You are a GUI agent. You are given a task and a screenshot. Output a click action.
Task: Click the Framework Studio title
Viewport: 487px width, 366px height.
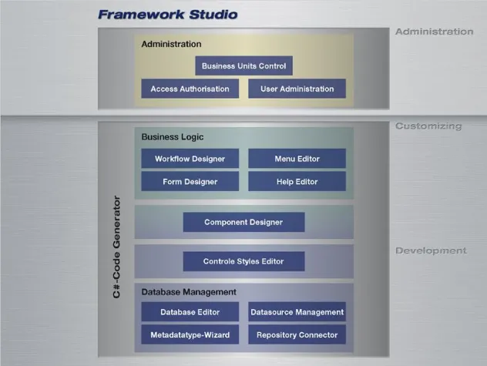point(167,14)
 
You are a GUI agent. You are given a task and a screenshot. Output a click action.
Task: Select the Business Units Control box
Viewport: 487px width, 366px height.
point(243,66)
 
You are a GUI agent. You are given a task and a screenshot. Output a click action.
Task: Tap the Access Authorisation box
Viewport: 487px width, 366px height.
point(190,89)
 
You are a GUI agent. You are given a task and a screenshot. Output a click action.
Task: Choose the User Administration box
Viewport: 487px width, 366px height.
point(297,89)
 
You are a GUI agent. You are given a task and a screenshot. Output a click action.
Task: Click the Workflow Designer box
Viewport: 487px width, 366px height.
point(190,159)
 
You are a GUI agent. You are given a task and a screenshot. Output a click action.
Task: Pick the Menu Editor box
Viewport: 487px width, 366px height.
point(297,159)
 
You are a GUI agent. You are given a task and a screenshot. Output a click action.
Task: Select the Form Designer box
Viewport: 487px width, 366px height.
point(190,182)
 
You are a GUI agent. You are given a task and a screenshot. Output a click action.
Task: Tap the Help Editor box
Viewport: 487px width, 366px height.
point(297,182)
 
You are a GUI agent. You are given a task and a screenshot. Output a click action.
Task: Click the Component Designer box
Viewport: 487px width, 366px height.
point(243,222)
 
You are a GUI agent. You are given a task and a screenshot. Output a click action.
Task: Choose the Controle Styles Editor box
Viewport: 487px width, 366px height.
point(243,261)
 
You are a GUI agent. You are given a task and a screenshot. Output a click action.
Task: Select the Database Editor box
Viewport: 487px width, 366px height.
point(190,312)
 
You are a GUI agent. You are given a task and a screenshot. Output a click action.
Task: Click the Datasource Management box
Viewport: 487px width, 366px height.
point(297,312)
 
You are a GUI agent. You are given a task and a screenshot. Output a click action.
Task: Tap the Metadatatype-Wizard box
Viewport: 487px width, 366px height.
point(190,335)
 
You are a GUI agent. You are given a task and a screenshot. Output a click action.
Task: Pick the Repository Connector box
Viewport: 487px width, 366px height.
point(297,335)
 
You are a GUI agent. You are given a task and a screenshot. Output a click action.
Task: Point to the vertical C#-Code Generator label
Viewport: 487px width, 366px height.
point(117,247)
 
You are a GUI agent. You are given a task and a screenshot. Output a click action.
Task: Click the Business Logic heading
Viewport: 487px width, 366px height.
point(172,136)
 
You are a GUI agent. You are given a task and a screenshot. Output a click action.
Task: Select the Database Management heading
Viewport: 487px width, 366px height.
point(188,292)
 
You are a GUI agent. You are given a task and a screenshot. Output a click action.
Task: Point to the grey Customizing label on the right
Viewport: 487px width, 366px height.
point(428,126)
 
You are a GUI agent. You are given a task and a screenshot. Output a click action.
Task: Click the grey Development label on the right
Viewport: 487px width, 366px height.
point(431,250)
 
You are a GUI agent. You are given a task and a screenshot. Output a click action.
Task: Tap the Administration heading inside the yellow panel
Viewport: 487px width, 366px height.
point(171,45)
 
